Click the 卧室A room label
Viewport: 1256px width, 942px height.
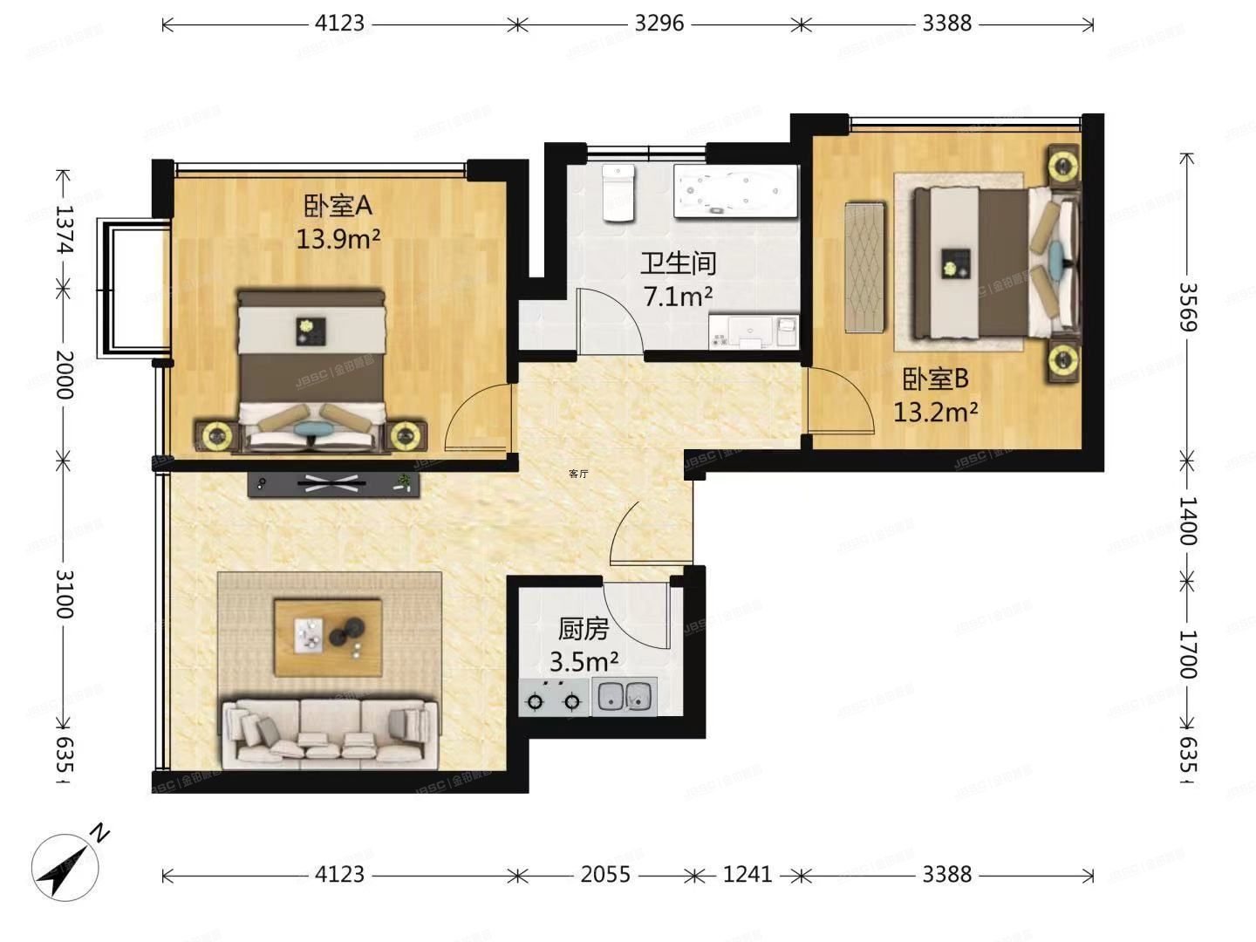tap(338, 207)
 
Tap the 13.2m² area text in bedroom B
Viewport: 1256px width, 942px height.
tap(935, 411)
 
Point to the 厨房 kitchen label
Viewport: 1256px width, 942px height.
tap(583, 629)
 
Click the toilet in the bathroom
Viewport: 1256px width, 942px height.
tap(618, 193)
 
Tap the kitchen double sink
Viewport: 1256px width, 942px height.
tap(625, 697)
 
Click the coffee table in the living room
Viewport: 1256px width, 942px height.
tap(328, 637)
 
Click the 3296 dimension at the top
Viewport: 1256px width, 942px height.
tap(659, 24)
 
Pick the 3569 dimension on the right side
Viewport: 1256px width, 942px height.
tap(1187, 306)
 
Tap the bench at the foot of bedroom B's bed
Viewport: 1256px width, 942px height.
tap(865, 268)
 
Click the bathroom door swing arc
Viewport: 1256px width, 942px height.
tap(611, 321)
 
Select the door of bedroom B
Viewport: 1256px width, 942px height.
tap(839, 400)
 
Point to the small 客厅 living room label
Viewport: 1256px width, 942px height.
tap(578, 474)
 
